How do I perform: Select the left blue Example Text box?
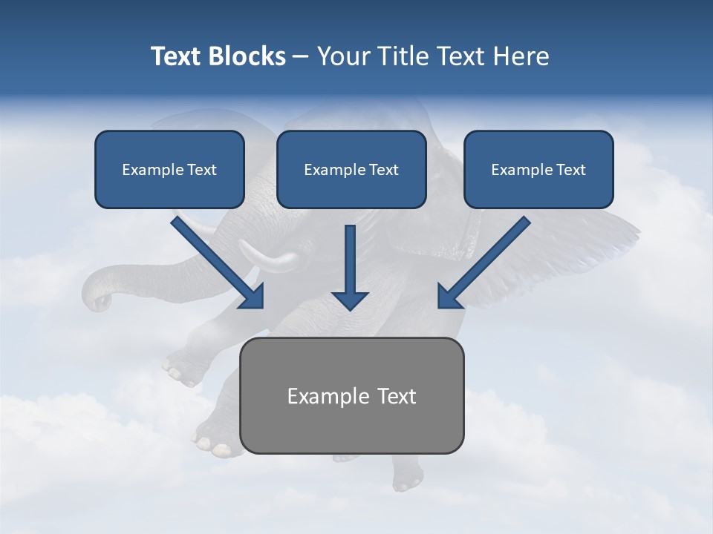(169, 170)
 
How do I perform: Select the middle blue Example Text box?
(351, 170)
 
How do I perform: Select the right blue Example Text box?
(538, 170)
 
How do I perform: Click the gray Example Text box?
(352, 396)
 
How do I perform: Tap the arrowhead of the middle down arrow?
(350, 300)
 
